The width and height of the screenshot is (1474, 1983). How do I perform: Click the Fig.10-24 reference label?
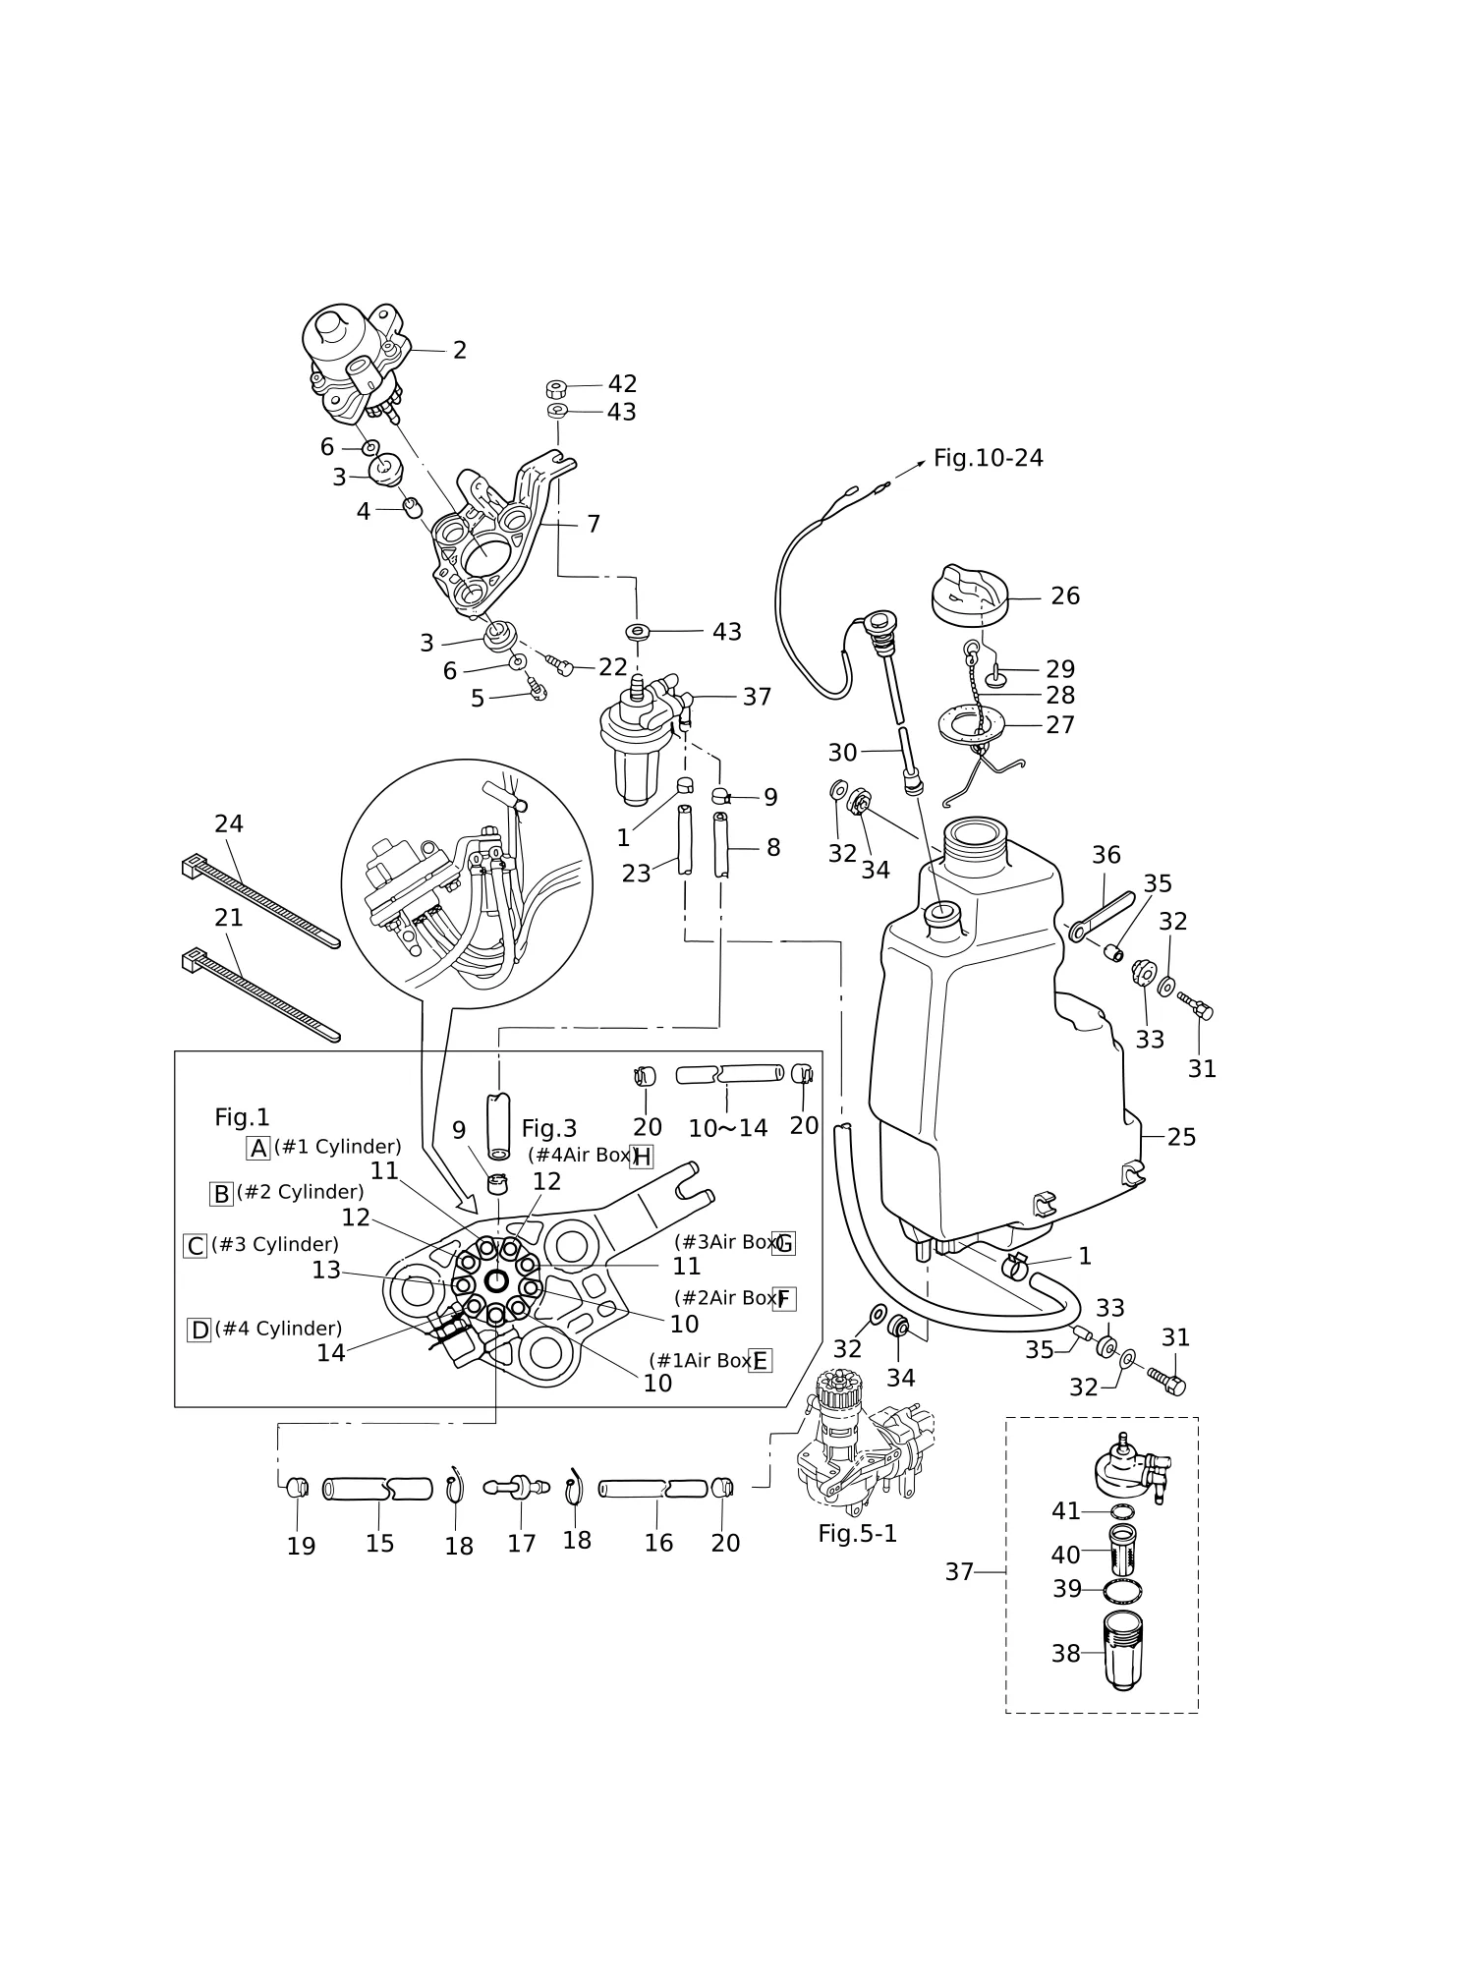[x=988, y=458]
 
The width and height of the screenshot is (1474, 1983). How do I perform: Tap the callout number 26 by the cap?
[x=1065, y=596]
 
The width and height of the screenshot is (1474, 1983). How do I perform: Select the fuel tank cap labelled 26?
[x=968, y=594]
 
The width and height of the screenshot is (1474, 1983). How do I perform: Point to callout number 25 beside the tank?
[x=1181, y=1137]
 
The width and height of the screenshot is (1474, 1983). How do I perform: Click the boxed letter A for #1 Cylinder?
[x=258, y=1148]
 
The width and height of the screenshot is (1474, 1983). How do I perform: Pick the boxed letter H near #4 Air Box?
[x=642, y=1157]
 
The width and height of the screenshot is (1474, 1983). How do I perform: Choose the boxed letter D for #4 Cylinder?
[x=199, y=1331]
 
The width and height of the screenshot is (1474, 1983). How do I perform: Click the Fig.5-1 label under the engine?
[x=858, y=1534]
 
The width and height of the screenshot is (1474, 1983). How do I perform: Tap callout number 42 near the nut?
[x=622, y=384]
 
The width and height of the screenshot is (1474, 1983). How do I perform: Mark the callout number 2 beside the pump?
[x=459, y=350]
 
